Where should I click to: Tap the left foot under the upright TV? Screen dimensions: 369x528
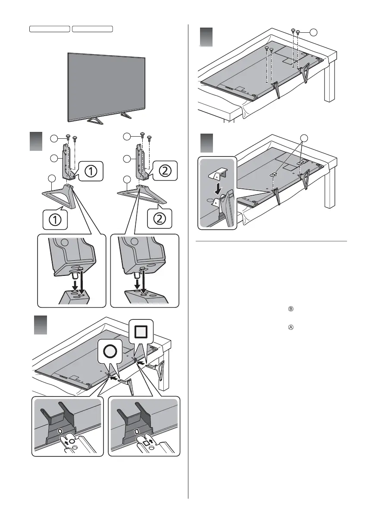point(93,121)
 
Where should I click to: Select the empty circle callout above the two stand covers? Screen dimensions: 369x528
point(305,138)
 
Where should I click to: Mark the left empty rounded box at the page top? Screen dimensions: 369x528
point(50,28)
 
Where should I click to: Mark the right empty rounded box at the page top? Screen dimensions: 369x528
point(92,28)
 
